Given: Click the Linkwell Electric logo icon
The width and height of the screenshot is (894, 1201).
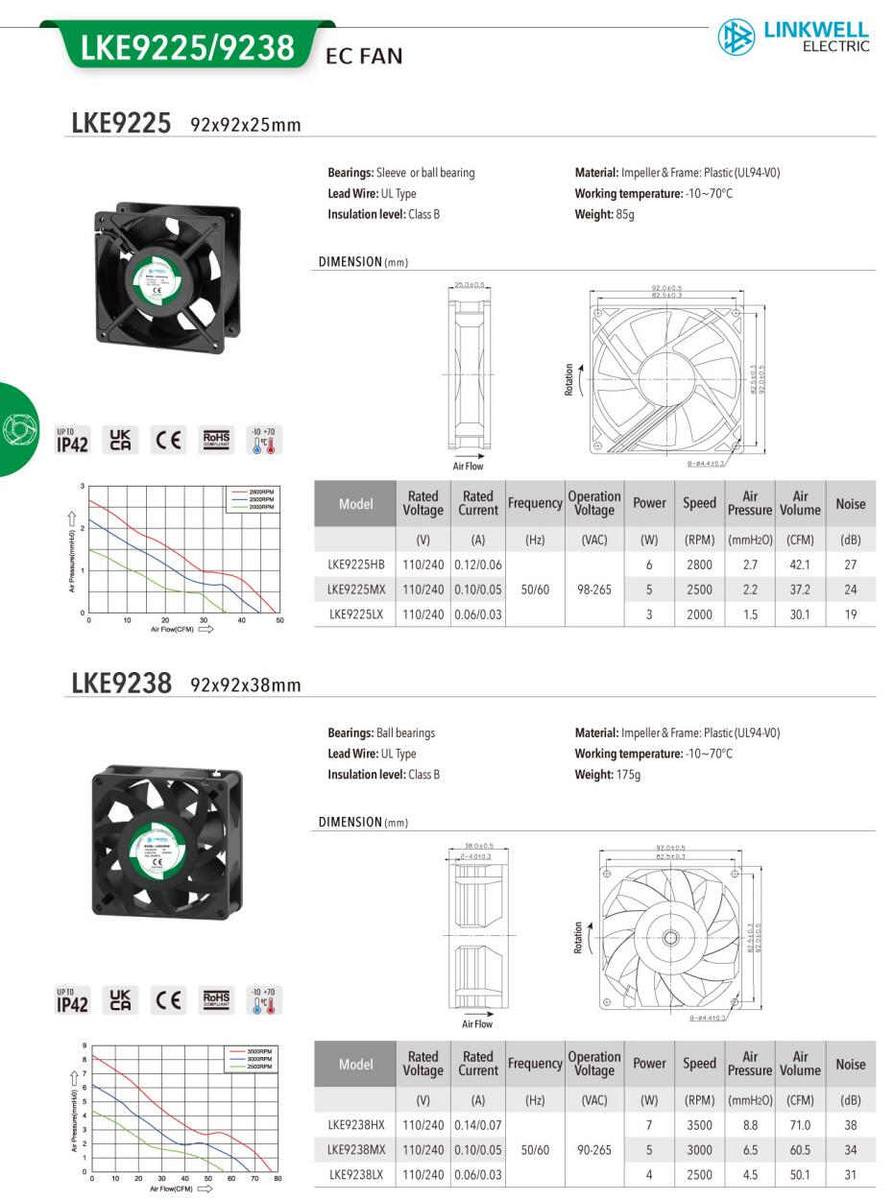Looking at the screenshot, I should point(737,37).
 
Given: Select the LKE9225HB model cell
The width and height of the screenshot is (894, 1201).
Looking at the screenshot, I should point(355,564).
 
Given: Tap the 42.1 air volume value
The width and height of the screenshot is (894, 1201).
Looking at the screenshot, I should point(800,564).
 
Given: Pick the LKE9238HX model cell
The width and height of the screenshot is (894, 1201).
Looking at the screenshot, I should point(355,1125).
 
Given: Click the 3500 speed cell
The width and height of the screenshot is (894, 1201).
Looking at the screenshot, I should point(699,1125).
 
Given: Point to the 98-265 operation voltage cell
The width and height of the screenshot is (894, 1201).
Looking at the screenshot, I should point(594,589).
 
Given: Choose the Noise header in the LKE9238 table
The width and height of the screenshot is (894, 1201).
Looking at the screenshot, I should point(850,1064).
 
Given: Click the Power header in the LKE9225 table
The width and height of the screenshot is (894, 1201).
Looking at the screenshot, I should point(649,503).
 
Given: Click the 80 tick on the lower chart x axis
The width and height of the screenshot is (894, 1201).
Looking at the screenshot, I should point(278,1178).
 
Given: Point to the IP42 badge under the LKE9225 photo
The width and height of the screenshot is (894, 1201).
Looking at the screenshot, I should point(73,441).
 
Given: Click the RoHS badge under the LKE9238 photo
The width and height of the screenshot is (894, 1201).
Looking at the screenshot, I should point(217,1000).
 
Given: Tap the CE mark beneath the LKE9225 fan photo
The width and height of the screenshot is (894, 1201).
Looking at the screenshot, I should point(169,441).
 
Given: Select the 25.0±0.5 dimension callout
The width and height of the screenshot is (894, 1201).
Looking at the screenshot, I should point(469,285).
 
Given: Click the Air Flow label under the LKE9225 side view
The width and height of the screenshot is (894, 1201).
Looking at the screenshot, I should point(469,467).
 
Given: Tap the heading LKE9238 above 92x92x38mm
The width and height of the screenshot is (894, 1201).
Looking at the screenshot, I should point(122,684).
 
